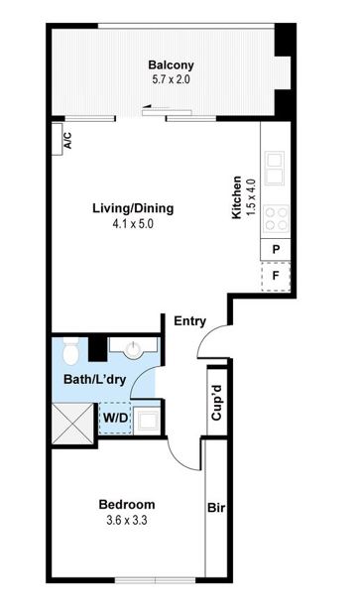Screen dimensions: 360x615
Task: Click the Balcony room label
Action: (x=171, y=64)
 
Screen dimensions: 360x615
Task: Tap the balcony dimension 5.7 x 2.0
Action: (x=171, y=79)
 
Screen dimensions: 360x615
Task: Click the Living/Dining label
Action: (x=133, y=208)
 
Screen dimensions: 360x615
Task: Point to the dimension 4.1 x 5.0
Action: (x=133, y=224)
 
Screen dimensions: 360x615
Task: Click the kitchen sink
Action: (x=274, y=168)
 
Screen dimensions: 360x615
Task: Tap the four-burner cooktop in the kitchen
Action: (x=276, y=218)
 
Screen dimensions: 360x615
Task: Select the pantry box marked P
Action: (x=276, y=249)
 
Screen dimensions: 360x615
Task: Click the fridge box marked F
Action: (x=276, y=276)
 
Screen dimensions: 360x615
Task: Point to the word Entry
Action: (x=189, y=321)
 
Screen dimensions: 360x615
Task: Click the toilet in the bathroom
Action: (x=71, y=350)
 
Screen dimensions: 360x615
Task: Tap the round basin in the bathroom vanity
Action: (x=134, y=349)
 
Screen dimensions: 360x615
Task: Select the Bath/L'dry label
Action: (x=94, y=380)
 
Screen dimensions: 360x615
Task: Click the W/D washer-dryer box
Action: (x=115, y=419)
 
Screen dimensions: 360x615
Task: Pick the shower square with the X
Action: (x=72, y=424)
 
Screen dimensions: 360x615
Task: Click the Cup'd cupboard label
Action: (x=216, y=403)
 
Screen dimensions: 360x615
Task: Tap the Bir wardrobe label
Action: (x=216, y=508)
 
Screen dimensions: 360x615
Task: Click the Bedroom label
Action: (x=127, y=504)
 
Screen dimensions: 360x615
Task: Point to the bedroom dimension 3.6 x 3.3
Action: (x=127, y=521)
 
